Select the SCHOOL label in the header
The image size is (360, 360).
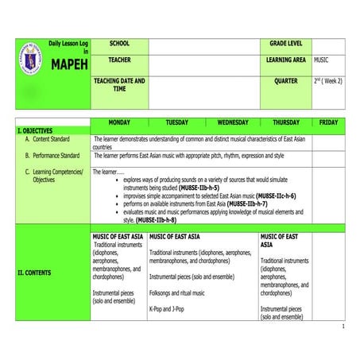119,42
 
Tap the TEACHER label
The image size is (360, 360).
120,60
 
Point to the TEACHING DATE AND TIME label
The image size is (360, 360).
119,84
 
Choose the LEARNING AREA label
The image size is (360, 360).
286,60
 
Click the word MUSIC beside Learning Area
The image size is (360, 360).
322,60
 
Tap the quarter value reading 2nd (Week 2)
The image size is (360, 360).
328,80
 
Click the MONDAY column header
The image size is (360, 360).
119,122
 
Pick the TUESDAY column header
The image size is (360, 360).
176,122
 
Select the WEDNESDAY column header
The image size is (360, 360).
233,122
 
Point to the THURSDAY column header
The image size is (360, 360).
286,122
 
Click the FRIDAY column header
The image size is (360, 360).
328,122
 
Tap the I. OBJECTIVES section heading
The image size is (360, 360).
35,130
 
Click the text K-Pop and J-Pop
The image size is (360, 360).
167,308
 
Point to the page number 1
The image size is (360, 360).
343,327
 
